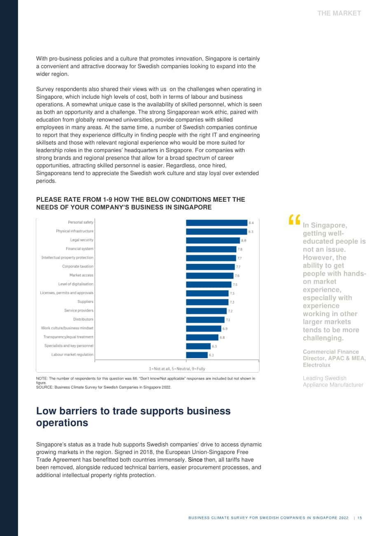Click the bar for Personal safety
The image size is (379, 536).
click(217, 223)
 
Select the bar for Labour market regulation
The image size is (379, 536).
click(197, 355)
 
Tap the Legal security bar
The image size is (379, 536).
click(213, 240)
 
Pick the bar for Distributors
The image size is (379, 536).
click(205, 320)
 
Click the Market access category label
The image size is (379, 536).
click(82, 275)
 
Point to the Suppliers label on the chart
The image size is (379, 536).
click(85, 302)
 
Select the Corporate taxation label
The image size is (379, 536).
click(78, 266)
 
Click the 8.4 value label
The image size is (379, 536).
click(251, 223)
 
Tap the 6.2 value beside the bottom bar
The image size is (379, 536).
click(211, 355)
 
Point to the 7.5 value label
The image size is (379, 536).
click(235, 284)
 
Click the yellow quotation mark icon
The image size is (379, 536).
click(294, 219)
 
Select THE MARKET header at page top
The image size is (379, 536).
click(339, 14)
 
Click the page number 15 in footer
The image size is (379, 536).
click(360, 517)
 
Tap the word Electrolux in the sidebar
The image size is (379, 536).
click(316, 365)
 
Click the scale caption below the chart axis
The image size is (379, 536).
click(177, 369)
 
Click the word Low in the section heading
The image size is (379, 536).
click(46, 411)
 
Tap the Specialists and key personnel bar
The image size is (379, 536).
click(198, 346)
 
